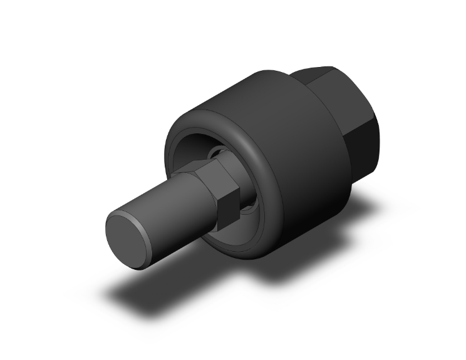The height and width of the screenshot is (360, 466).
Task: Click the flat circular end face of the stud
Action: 129,237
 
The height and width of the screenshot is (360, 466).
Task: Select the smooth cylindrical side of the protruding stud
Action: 169,213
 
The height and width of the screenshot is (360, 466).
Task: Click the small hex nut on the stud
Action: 216,190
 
